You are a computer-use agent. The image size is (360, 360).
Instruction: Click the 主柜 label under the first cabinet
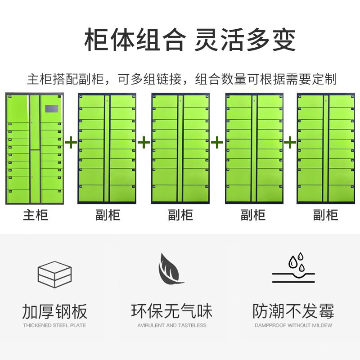coord(35,215)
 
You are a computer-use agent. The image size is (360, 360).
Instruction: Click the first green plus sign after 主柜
coord(71,144)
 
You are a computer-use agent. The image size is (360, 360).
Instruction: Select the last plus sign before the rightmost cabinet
coord(290,144)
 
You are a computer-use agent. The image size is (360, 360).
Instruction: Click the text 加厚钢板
coord(54,311)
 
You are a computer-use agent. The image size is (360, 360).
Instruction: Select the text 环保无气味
coord(171,311)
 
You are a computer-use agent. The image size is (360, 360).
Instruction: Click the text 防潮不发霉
coord(293,311)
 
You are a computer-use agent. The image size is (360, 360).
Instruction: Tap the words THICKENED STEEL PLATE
coord(54,325)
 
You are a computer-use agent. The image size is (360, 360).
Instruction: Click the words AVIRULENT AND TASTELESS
coord(171,325)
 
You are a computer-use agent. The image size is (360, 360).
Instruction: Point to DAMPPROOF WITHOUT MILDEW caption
coord(293,325)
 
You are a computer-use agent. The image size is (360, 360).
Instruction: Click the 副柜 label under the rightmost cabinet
coord(325,215)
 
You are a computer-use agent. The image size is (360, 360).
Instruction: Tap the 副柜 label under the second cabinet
coord(108,215)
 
